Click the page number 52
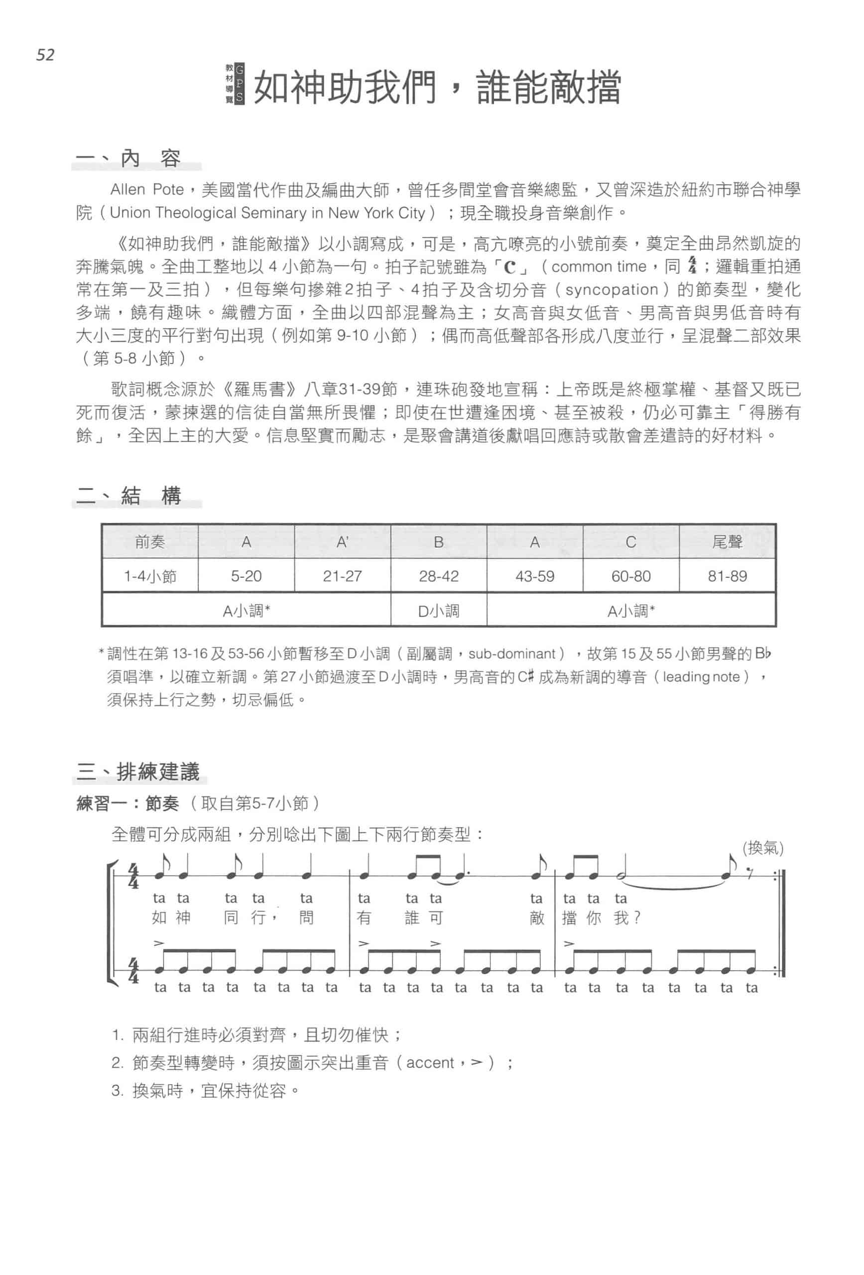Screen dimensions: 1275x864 click(x=45, y=55)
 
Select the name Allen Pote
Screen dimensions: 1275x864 click(x=146, y=190)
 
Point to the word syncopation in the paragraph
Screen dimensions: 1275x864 click(x=611, y=290)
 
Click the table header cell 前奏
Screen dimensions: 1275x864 click(x=150, y=542)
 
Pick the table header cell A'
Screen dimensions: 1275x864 click(x=342, y=542)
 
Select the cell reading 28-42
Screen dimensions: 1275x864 click(x=438, y=576)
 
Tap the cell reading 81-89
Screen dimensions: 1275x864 click(x=727, y=576)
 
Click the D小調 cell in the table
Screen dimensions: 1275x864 click(x=438, y=611)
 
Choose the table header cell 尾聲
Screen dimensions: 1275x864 click(x=727, y=542)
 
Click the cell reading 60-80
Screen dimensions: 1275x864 click(x=631, y=576)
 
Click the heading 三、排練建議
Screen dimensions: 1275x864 click(x=138, y=772)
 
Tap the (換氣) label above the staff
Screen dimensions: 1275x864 click(x=762, y=848)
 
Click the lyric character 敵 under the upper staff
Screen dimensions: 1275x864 click(x=536, y=918)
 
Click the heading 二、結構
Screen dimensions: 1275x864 click(x=128, y=496)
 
